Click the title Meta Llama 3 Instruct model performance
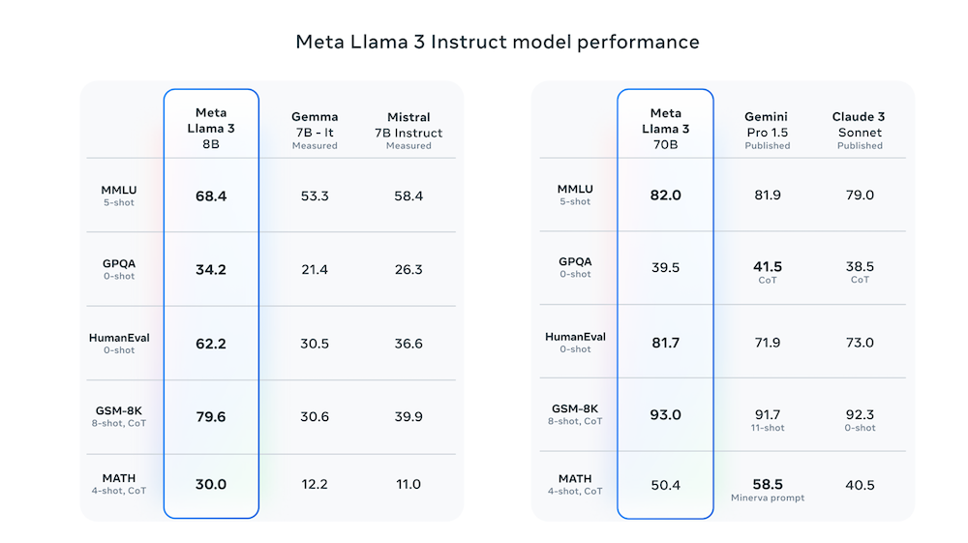(x=497, y=43)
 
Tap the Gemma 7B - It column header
(x=315, y=131)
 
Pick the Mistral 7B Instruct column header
(x=408, y=131)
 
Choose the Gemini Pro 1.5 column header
(x=768, y=131)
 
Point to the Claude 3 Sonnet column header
(x=860, y=131)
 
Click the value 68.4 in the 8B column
(x=211, y=196)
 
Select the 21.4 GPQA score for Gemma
(x=315, y=269)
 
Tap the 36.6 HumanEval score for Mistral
(x=408, y=343)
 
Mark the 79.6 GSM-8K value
(x=211, y=416)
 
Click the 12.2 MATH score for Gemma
(x=315, y=484)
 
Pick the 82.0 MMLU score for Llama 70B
(x=666, y=195)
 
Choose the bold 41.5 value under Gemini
(x=768, y=266)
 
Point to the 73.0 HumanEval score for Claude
(x=860, y=343)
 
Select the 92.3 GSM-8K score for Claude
(x=860, y=414)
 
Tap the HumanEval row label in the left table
(x=119, y=338)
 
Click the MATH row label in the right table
(x=575, y=479)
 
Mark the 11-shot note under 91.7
(x=768, y=428)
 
